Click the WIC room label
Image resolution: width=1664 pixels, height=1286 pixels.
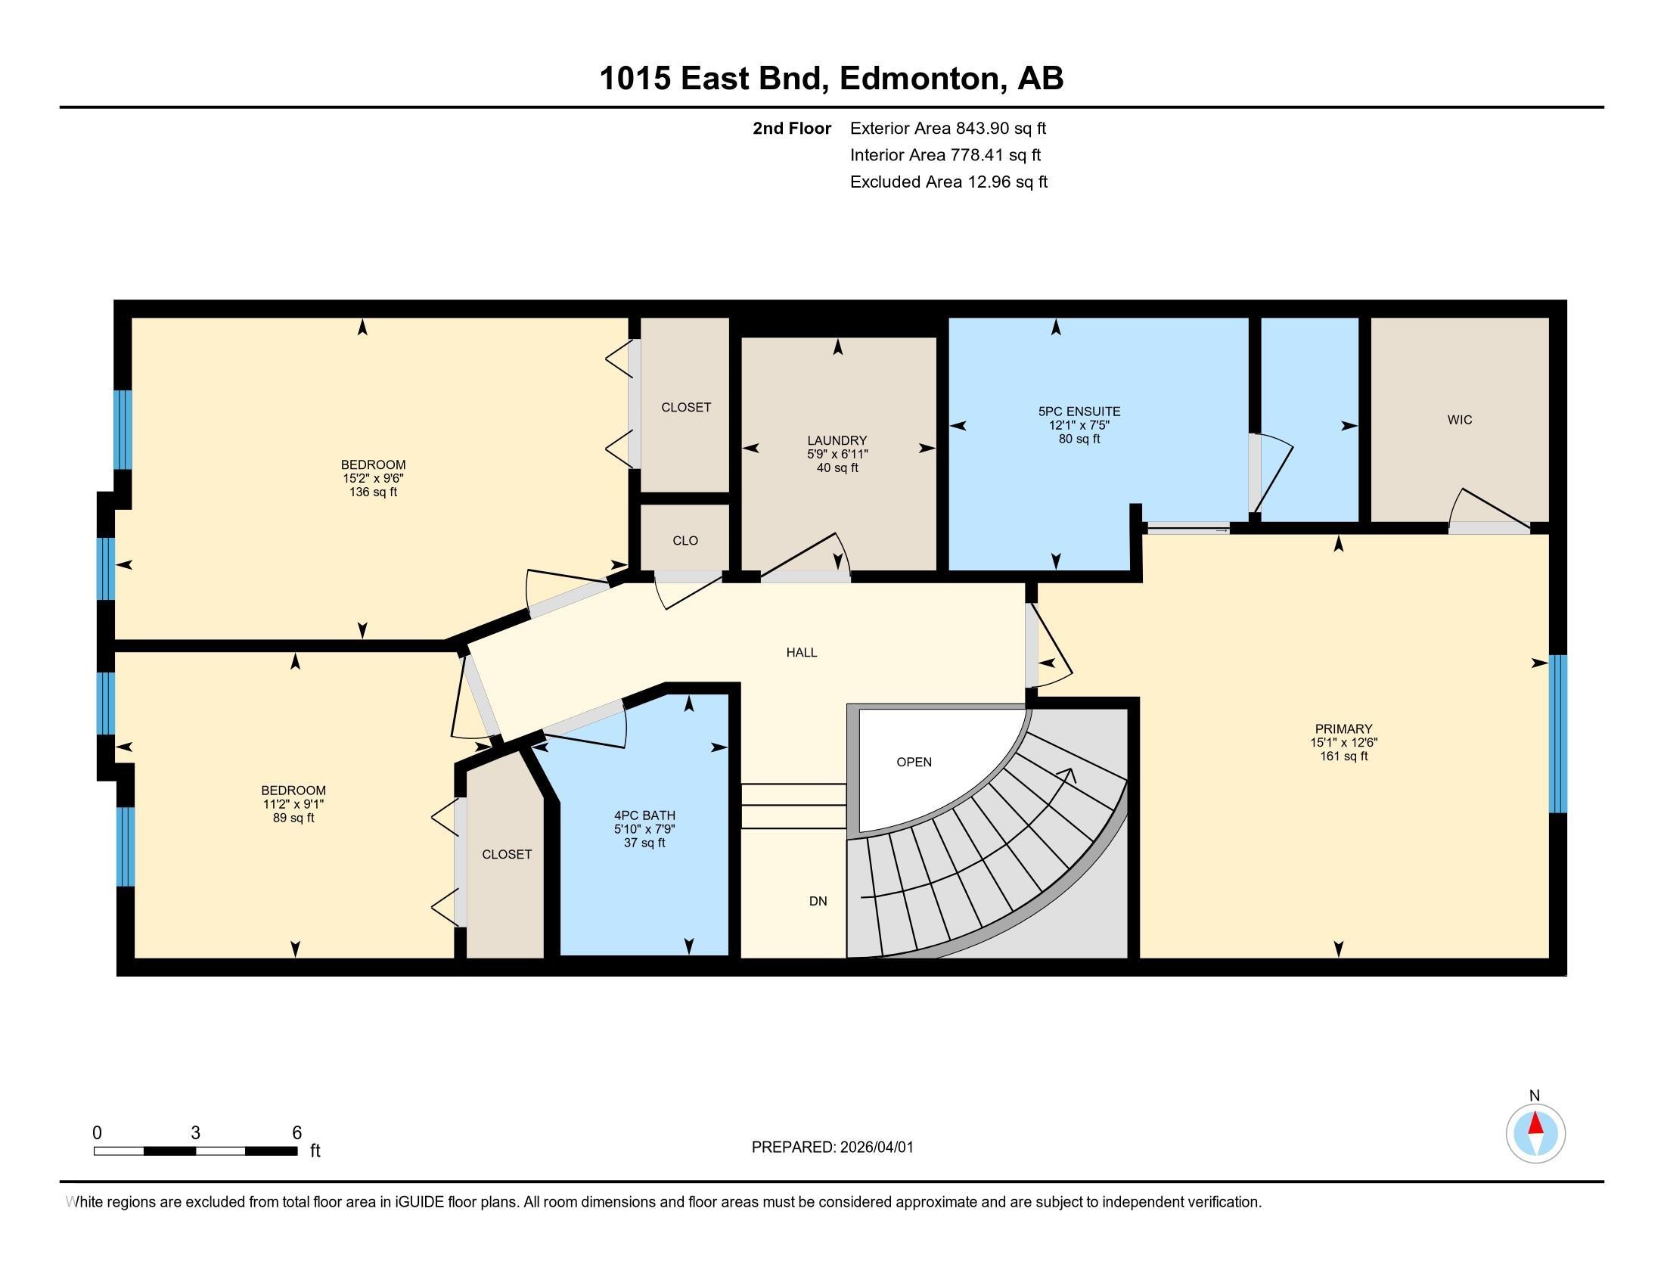(1459, 420)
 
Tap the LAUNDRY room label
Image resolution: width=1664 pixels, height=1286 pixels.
(837, 440)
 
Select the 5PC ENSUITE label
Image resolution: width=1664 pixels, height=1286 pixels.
(1079, 412)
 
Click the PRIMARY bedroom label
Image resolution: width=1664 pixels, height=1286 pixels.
(1343, 728)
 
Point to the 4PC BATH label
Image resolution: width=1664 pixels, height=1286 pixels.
(644, 815)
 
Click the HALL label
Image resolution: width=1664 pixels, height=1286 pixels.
(802, 652)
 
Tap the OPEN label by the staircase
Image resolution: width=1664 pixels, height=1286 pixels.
(914, 762)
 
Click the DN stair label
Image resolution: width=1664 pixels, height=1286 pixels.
(818, 901)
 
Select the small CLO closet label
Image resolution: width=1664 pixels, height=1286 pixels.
(685, 540)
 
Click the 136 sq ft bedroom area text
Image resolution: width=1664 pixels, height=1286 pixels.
(373, 492)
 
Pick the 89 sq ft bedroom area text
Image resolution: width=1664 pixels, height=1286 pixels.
(293, 819)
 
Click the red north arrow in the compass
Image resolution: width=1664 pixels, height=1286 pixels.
(1535, 1124)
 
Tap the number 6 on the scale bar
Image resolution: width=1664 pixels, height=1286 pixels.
(296, 1132)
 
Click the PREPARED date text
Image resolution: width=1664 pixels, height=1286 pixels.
(832, 1148)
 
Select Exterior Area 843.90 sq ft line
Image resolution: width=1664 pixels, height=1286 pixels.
(948, 128)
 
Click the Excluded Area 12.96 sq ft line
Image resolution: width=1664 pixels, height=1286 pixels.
(948, 182)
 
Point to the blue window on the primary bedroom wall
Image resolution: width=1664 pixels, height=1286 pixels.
(1558, 734)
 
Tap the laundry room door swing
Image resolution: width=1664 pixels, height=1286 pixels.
(808, 556)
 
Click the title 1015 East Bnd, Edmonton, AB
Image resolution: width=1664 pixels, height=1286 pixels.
(831, 79)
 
